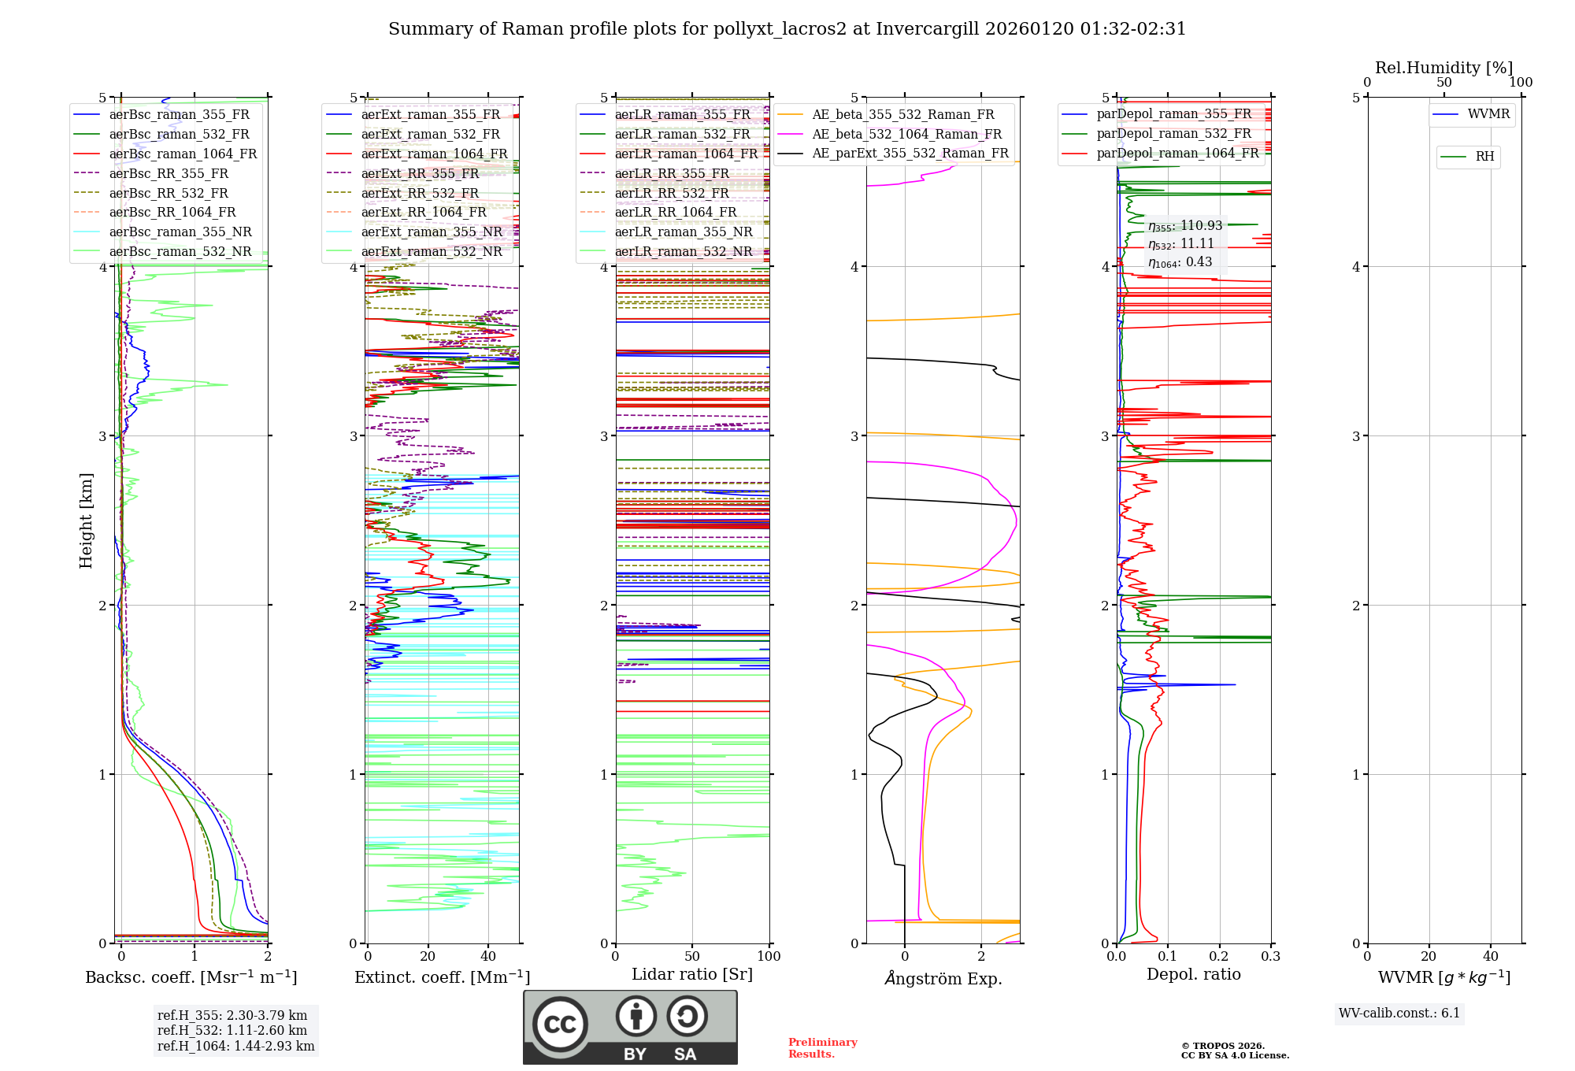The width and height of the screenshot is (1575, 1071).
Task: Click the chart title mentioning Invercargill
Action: coord(787,29)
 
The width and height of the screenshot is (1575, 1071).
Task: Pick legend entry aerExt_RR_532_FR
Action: coord(420,193)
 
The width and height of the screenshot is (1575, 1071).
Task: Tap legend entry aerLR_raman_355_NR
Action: coord(684,232)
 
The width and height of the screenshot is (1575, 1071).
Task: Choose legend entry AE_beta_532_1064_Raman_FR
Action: coord(906,134)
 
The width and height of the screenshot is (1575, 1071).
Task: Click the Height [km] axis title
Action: coord(86,520)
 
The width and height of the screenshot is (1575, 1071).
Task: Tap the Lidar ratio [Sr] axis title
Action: coord(692,974)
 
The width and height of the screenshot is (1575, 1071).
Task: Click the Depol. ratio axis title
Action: coord(1193,974)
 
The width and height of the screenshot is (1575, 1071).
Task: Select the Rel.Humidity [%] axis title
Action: coord(1443,68)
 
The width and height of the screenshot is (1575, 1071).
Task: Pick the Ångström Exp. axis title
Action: coord(943,978)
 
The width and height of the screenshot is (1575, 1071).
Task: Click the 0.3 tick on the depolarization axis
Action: coord(1270,957)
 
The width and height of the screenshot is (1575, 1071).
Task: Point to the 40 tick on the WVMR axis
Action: coord(1490,957)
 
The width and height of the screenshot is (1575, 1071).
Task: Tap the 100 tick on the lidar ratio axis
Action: coord(769,957)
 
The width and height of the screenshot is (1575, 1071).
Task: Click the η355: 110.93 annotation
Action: coord(1185,226)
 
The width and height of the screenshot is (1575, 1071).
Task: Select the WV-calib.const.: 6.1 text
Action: coord(1399,1014)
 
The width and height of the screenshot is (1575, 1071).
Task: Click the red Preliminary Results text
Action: coord(822,1048)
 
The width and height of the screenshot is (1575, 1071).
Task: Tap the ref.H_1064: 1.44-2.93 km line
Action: coord(235,1047)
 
